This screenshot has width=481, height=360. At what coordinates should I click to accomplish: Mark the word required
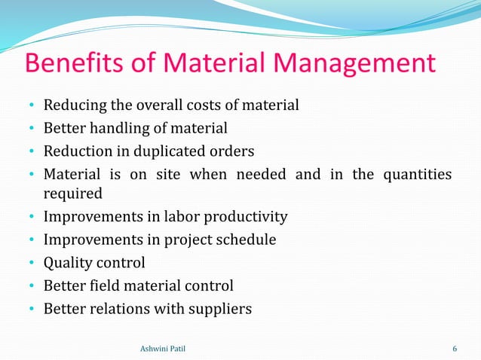point(72,194)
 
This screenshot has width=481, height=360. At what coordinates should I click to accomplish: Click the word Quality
point(69,264)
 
